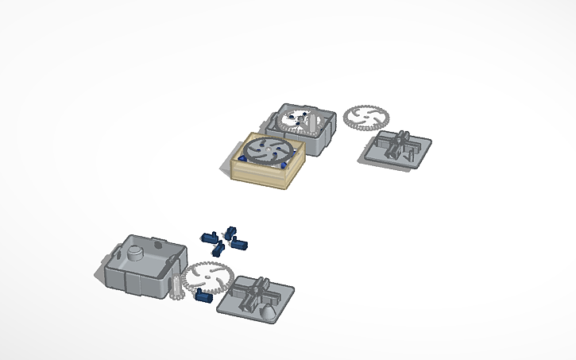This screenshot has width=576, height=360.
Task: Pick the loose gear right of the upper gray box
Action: pyautogui.click(x=366, y=117)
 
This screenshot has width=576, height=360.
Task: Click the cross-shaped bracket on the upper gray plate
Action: pyautogui.click(x=397, y=145)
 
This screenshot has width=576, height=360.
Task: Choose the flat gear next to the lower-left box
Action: pyautogui.click(x=206, y=277)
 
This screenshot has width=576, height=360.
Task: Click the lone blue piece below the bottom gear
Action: pyautogui.click(x=201, y=299)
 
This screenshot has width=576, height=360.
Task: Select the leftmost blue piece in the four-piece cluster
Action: pyautogui.click(x=211, y=237)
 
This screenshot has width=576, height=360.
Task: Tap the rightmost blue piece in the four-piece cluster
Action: pyautogui.click(x=240, y=242)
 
